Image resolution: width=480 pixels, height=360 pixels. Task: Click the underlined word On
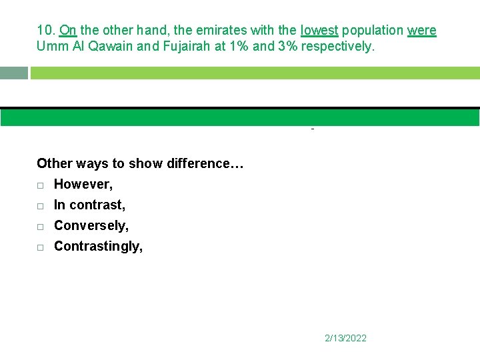pyautogui.click(x=67, y=31)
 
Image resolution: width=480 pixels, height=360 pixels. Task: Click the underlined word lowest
pyautogui.click(x=319, y=31)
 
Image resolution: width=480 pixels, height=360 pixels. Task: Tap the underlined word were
pyautogui.click(x=421, y=31)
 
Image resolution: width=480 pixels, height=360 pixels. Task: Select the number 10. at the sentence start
pyautogui.click(x=46, y=31)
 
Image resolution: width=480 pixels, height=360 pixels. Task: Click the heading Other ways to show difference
pyautogui.click(x=140, y=163)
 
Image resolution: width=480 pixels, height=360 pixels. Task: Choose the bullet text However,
pyautogui.click(x=83, y=184)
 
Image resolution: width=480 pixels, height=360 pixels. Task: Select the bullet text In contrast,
pyautogui.click(x=89, y=205)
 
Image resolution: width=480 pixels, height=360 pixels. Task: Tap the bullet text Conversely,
pyautogui.click(x=91, y=225)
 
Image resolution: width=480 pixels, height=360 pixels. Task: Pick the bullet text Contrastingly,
pyautogui.click(x=98, y=246)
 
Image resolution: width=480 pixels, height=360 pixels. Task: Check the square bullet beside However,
pyautogui.click(x=41, y=185)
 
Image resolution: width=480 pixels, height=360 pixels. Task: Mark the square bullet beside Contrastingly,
pyautogui.click(x=41, y=247)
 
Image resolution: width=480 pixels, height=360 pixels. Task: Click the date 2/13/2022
pyautogui.click(x=345, y=338)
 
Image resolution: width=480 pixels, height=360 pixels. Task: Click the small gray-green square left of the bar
pyautogui.click(x=14, y=73)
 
